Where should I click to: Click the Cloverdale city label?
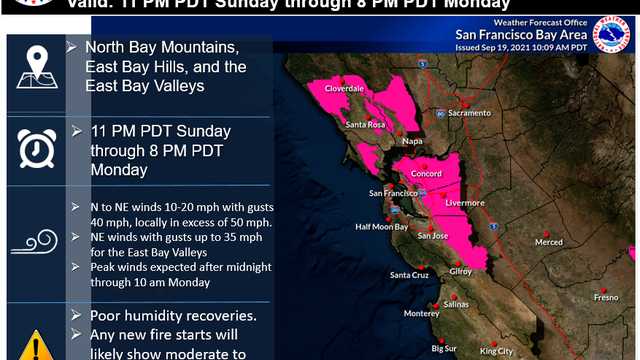(342, 88)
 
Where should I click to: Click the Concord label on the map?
(427, 172)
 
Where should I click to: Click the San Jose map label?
(433, 236)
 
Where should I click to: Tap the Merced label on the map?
(549, 242)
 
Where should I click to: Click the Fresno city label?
(604, 297)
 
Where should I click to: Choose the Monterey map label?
(421, 313)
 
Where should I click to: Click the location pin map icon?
(36, 71)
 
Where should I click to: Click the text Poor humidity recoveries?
(161, 316)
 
